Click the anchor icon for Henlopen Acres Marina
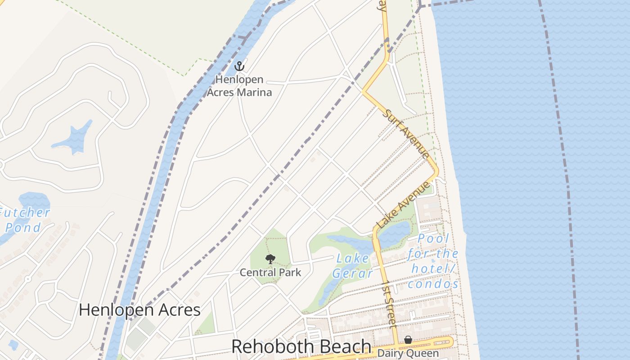coord(239,66)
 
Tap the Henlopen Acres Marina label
coord(239,86)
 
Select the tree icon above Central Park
coord(270,259)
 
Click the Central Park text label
coord(270,272)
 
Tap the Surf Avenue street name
coord(405,133)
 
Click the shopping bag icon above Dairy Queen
coord(408,340)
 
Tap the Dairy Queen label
coord(408,353)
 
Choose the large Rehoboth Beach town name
coord(301,346)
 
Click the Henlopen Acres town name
coord(139,310)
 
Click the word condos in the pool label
coord(433,284)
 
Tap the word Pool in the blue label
coord(433,239)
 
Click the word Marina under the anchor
coord(255,93)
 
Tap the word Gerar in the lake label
coord(353,273)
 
